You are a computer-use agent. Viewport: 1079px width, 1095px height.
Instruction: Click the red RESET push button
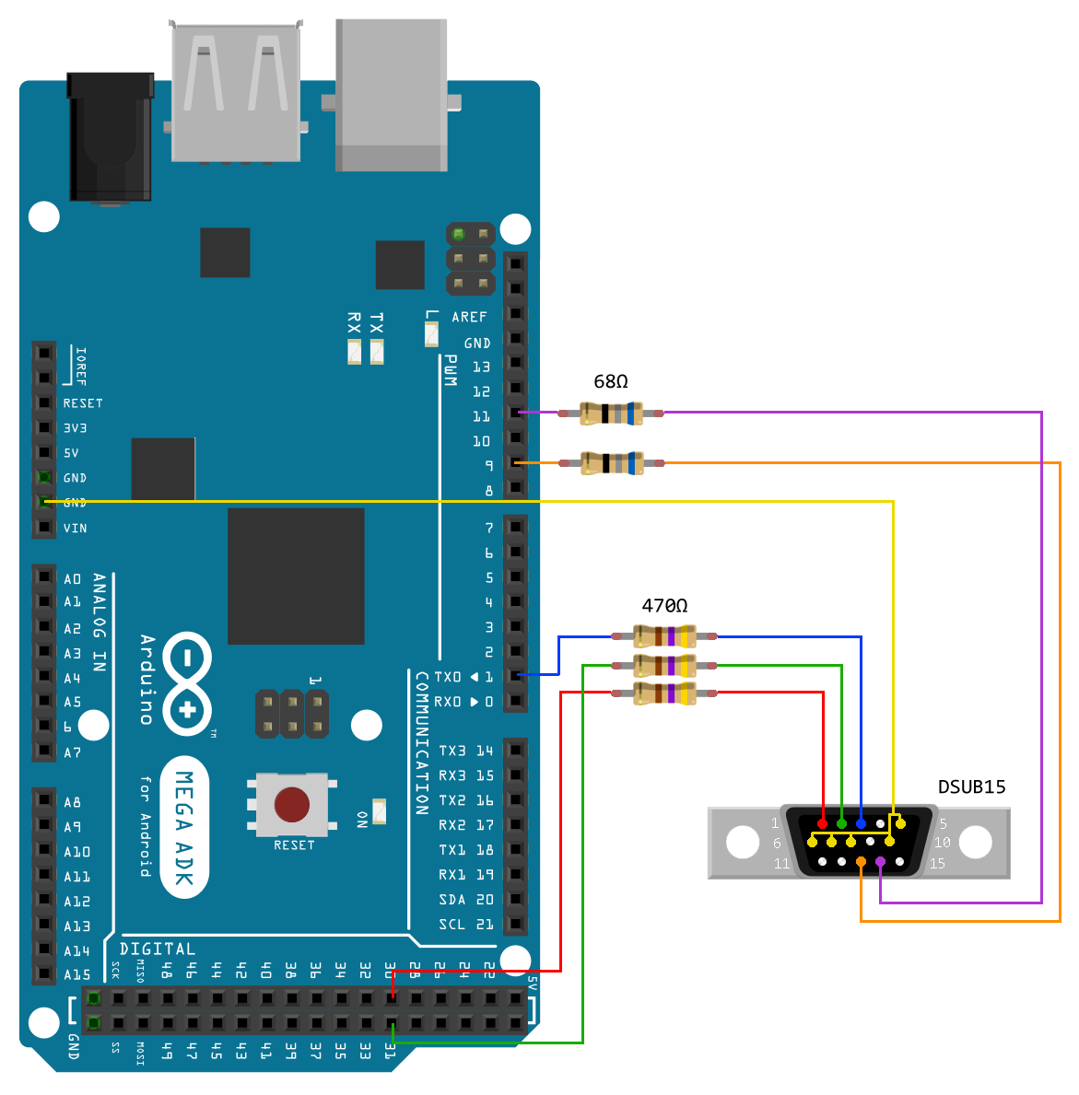292,804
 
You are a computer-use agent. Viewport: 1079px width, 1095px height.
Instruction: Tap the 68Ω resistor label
611,381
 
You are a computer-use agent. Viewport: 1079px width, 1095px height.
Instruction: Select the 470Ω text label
664,605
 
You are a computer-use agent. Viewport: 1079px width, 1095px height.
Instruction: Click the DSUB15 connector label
971,786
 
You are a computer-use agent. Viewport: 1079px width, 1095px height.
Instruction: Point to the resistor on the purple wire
611,414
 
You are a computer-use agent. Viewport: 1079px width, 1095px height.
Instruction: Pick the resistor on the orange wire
611,462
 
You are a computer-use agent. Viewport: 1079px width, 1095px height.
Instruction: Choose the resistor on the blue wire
664,635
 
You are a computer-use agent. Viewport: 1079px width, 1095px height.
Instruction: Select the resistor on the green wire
664,665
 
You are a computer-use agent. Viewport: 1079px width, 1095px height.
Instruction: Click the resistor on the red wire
664,693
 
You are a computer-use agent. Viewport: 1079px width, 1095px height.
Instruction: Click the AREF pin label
469,317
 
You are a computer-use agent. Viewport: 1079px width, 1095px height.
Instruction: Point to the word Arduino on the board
147,679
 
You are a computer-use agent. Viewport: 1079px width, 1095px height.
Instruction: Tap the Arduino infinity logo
188,682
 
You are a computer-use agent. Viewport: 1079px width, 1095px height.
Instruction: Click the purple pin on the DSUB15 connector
880,862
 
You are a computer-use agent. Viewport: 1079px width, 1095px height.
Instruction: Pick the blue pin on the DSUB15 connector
861,822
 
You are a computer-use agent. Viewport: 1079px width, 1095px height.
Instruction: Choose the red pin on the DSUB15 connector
822,822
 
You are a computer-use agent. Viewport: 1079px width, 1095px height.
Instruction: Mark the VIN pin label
76,529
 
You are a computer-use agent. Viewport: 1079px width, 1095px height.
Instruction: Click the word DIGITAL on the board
158,949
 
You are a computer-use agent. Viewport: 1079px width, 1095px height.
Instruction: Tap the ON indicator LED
379,810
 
